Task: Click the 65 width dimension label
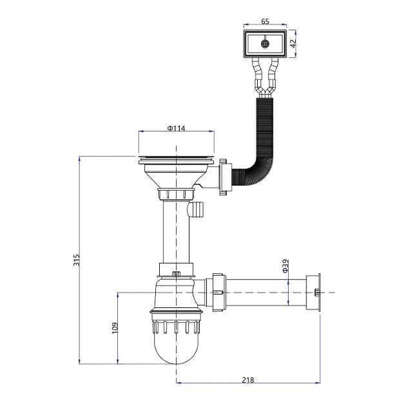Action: pyautogui.click(x=265, y=21)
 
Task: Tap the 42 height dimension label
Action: pyautogui.click(x=293, y=44)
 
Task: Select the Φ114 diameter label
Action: pyautogui.click(x=177, y=128)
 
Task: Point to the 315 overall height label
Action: pyautogui.click(x=77, y=260)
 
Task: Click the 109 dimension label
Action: pyautogui.click(x=115, y=328)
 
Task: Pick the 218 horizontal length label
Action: pyautogui.click(x=248, y=380)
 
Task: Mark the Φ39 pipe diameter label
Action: pyautogui.click(x=285, y=266)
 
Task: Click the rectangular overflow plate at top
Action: pyautogui.click(x=265, y=44)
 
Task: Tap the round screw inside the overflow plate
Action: pyautogui.click(x=265, y=44)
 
